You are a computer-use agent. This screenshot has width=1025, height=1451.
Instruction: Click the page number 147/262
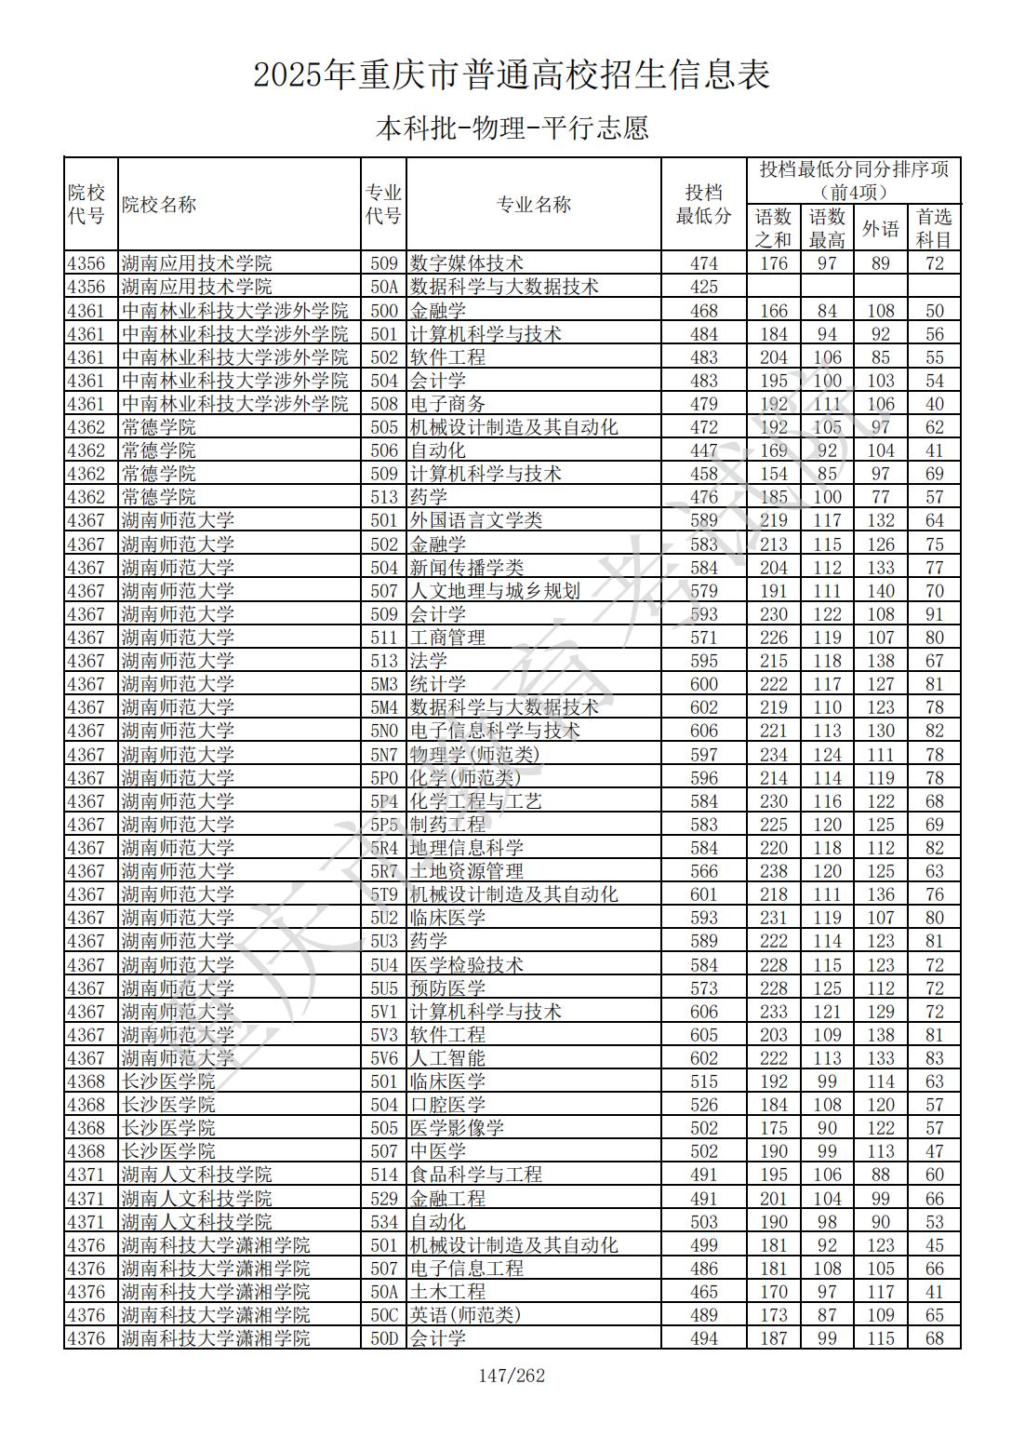coord(512,1375)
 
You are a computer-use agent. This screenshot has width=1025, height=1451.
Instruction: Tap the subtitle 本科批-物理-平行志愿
coord(512,128)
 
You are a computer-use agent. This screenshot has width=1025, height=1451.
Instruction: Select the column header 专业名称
coord(533,205)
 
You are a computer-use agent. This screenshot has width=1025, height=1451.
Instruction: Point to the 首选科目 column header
coord(934,228)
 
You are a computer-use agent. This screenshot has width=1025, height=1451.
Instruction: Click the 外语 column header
coord(880,228)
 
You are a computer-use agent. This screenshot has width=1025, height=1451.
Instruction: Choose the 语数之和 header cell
coord(773,228)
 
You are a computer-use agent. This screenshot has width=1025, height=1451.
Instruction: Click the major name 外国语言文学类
coord(476,520)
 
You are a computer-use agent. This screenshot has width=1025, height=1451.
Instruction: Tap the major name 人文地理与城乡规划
coord(495,591)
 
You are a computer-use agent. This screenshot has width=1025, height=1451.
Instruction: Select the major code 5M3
coord(383,684)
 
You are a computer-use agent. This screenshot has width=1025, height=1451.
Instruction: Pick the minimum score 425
coord(703,287)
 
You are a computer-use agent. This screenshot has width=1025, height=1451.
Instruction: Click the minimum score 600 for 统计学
coord(703,684)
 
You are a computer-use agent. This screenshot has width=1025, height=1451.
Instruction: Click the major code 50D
coord(383,1338)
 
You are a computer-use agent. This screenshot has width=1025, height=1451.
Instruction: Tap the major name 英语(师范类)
coord(465,1315)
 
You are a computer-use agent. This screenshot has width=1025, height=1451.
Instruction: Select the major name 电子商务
coord(447,404)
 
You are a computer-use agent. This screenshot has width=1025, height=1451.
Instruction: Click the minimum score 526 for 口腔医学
coord(703,1105)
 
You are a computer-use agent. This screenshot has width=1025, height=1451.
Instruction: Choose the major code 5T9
coord(383,894)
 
